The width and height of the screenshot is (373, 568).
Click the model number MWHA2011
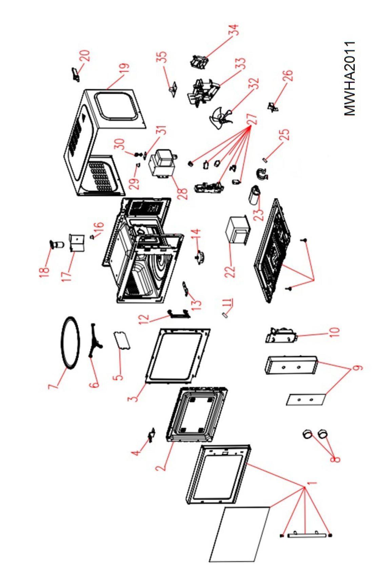[x=350, y=79]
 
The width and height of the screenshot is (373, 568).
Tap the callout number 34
[x=234, y=30]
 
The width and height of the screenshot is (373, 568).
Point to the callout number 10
[x=334, y=332]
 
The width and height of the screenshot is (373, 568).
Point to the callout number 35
[x=162, y=57]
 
